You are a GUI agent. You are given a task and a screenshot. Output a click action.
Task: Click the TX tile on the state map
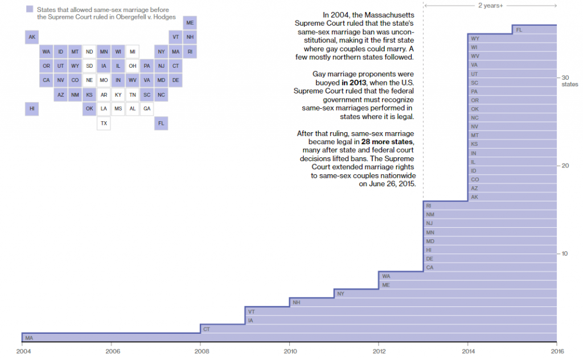coord(104,123)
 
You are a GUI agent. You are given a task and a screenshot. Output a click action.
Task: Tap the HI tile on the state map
coord(32,109)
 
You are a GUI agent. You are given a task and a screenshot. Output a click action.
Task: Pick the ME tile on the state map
coord(190,23)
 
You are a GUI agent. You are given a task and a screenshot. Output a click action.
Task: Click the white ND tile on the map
coord(89,52)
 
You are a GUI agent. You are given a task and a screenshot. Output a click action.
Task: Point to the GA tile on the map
coord(147,109)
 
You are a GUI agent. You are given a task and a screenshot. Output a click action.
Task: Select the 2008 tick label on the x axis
coord(200,351)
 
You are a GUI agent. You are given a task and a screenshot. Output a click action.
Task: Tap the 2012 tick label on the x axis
coord(379,351)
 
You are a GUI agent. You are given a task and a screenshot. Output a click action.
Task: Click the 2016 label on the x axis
coord(556,351)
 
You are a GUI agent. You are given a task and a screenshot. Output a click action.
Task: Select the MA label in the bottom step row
coord(28,338)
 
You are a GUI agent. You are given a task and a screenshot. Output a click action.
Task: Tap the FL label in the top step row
coord(519,30)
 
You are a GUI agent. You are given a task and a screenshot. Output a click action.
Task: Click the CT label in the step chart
coord(207,329)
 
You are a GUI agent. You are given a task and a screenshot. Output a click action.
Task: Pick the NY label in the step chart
coord(340,294)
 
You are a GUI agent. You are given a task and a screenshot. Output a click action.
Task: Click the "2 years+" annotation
coord(490,6)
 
